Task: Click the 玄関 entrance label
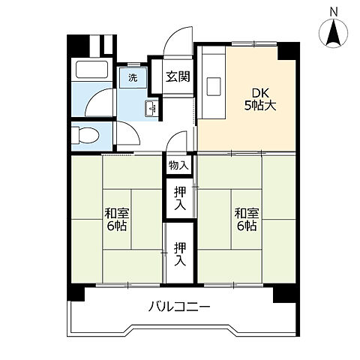[x=178, y=76]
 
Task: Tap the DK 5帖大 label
[x=260, y=100]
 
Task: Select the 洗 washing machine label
[x=133, y=78]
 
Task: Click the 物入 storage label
[x=178, y=165]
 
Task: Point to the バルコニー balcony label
[x=179, y=307]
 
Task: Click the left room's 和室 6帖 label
[x=117, y=220]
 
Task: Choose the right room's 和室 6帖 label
[x=247, y=220]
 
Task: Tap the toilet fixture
[x=85, y=135]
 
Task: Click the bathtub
[x=91, y=70]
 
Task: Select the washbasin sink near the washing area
[x=151, y=108]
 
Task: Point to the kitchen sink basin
[x=214, y=86]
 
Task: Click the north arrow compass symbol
[x=334, y=33]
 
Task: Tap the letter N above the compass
[x=334, y=12]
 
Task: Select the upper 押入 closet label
[x=180, y=198]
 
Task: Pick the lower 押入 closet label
[x=180, y=254]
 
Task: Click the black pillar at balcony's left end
[x=76, y=292]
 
